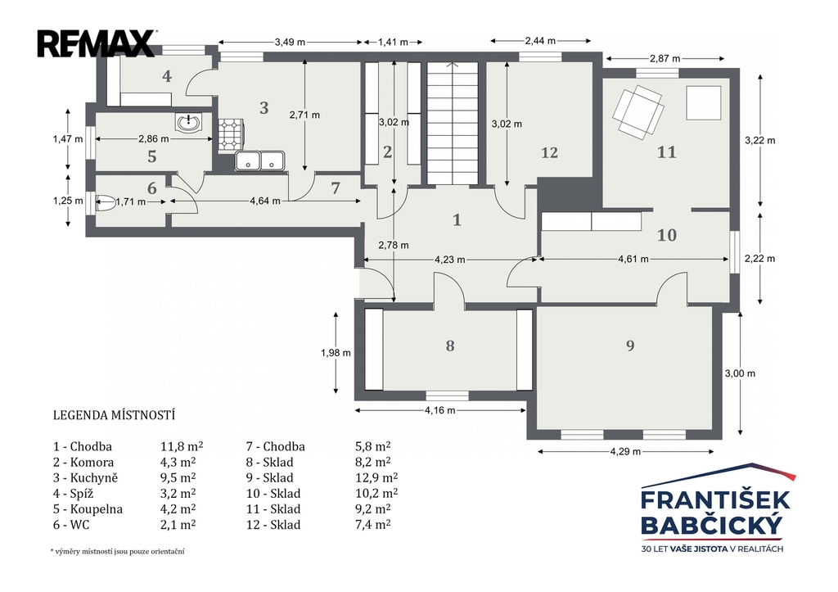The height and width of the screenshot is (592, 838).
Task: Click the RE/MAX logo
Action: click(x=97, y=43)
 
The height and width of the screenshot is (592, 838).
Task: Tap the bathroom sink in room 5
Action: click(x=188, y=123)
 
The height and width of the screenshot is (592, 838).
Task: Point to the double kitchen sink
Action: click(x=259, y=160)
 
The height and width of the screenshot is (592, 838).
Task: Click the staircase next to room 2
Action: click(x=452, y=123)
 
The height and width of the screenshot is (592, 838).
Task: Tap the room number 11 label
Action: click(x=666, y=152)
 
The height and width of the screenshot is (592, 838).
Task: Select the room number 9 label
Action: click(x=630, y=346)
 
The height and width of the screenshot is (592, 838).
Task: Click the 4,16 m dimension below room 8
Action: click(x=440, y=410)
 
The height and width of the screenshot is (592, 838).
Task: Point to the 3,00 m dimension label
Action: click(x=740, y=373)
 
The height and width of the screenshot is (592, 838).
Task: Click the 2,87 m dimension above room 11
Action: click(x=665, y=58)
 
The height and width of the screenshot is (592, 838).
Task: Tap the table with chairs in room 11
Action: click(x=638, y=112)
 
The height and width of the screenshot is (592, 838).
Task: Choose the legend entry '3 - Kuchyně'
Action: click(x=85, y=477)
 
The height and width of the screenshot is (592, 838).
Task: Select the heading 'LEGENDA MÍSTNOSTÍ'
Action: click(x=115, y=415)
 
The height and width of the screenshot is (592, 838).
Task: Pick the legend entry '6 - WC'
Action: click(x=71, y=525)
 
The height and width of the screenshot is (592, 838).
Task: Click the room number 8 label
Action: click(x=450, y=346)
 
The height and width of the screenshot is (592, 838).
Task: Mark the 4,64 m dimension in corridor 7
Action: click(x=265, y=201)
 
